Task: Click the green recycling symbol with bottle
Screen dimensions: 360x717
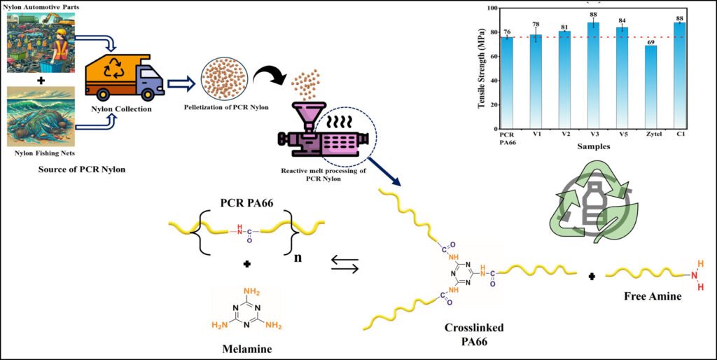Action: pyautogui.click(x=595, y=203)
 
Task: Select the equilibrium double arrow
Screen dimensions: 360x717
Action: pyautogui.click(x=344, y=265)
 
